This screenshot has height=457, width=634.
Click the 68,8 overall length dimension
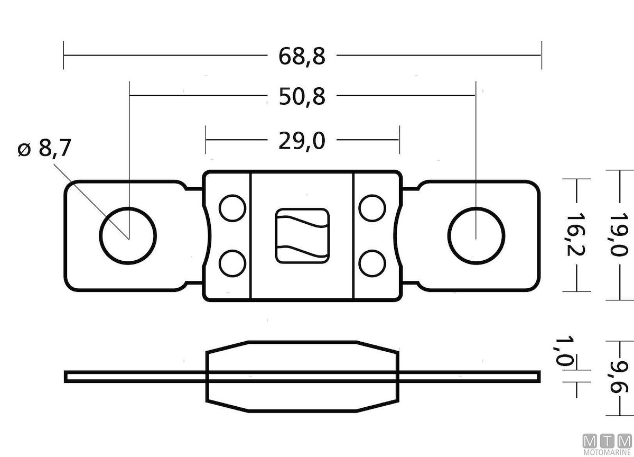tap(302, 57)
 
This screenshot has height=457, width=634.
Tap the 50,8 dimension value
tap(302, 97)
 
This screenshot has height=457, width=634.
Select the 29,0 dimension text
tap(302, 141)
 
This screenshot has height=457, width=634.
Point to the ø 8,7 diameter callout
tap(44, 148)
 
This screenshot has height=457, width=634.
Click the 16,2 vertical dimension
tap(575, 235)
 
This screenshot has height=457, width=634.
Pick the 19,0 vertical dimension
tap(619, 235)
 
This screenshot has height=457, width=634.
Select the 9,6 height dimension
tap(619, 377)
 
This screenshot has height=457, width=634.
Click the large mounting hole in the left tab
tap(128, 236)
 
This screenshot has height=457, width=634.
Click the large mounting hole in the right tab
tap(476, 236)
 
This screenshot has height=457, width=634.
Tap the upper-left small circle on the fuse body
tap(232, 208)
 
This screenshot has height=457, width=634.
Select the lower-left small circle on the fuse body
tap(232, 263)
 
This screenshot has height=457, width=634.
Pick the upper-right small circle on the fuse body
tap(372, 208)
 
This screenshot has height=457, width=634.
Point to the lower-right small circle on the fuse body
tap(372, 263)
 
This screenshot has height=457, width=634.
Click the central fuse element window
tap(302, 236)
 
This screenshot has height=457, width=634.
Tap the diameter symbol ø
tap(24, 149)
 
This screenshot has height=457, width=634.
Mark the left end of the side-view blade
tap(65, 377)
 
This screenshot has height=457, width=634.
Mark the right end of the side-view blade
tap(540, 377)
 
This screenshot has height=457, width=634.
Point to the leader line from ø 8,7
tap(91, 202)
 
